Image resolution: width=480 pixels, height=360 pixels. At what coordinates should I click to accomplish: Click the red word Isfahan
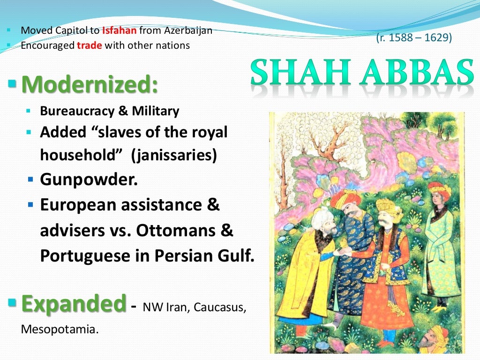120,31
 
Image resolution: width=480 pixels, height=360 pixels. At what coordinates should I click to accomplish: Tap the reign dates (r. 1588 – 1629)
414,38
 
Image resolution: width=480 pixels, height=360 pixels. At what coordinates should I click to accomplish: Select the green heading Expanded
74,303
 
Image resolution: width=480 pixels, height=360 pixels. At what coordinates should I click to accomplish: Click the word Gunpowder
89,180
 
